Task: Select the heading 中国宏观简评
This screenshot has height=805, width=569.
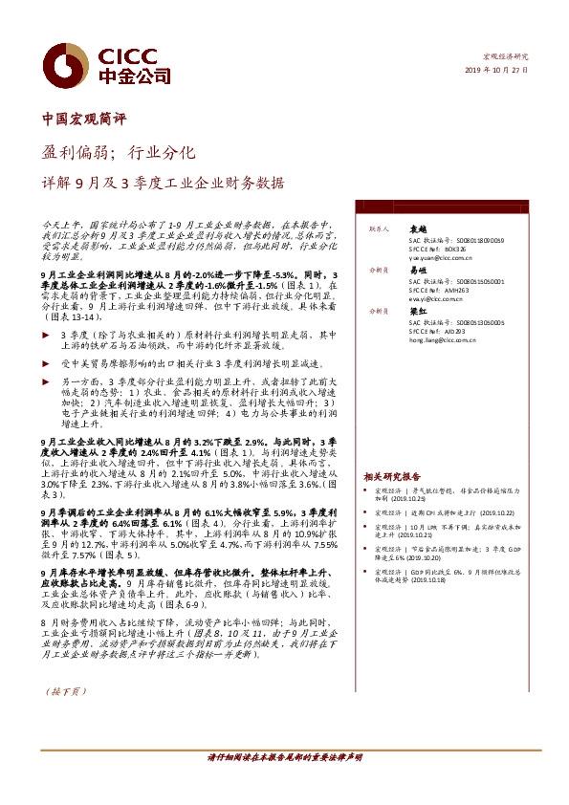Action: coord(84,120)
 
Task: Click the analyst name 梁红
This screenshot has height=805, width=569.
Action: coord(417,312)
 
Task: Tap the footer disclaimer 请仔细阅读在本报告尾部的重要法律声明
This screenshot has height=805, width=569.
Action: coord(285,756)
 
